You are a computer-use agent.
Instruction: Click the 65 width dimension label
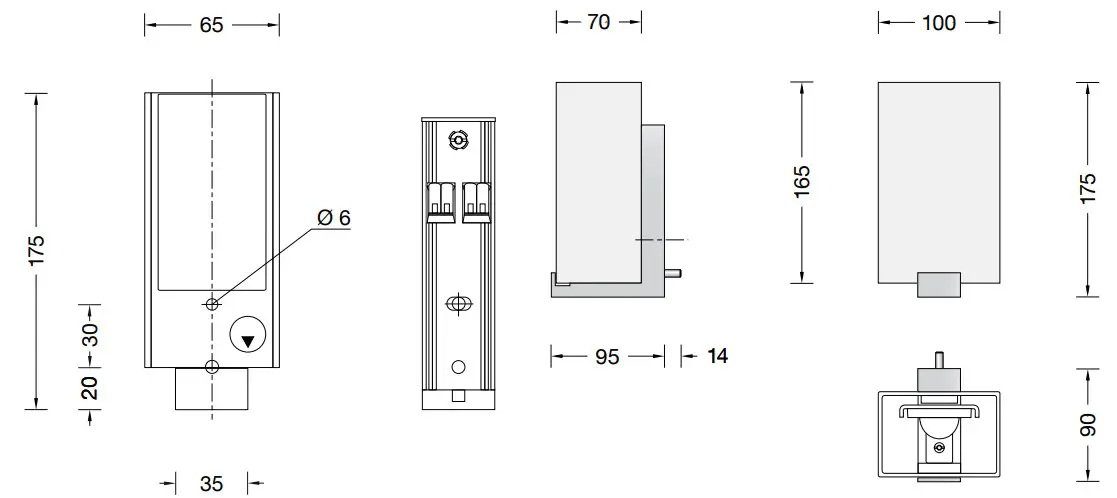click(x=211, y=25)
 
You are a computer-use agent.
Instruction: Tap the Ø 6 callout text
click(x=333, y=218)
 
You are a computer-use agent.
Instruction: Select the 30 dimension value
click(x=90, y=334)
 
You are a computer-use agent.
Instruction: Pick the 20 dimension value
click(x=90, y=387)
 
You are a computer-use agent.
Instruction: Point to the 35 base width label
click(x=211, y=484)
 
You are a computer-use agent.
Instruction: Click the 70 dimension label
click(x=598, y=22)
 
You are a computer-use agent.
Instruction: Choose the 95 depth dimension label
click(x=607, y=356)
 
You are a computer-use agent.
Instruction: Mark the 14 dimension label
click(x=716, y=356)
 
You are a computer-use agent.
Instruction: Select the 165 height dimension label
click(x=802, y=181)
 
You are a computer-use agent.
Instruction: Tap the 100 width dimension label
click(x=938, y=23)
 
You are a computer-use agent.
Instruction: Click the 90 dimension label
click(x=1089, y=426)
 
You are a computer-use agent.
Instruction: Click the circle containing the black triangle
click(x=248, y=337)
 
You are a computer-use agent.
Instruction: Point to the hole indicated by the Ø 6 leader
click(x=211, y=304)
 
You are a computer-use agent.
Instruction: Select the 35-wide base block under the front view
click(x=211, y=388)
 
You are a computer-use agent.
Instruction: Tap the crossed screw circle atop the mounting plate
click(x=458, y=141)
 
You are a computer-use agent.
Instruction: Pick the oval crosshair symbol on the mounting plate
click(x=458, y=303)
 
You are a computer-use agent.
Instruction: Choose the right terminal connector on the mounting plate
click(x=475, y=199)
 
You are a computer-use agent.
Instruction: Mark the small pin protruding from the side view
click(x=676, y=272)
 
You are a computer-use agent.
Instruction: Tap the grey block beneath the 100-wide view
click(x=938, y=285)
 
